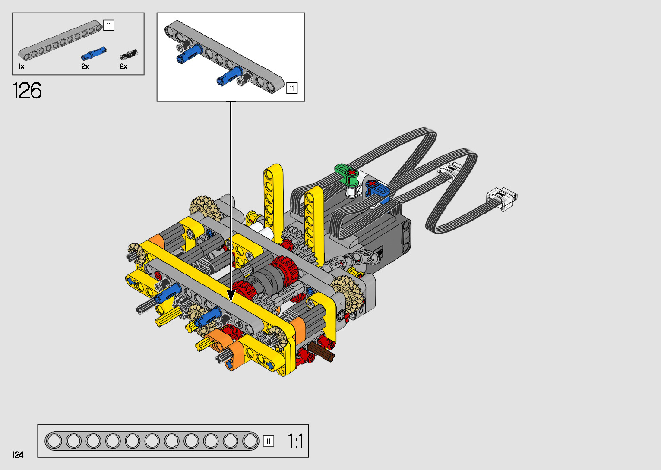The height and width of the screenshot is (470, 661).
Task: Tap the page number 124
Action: click(18, 454)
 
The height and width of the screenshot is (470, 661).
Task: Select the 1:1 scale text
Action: click(295, 442)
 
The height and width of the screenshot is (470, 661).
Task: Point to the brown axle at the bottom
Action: click(321, 351)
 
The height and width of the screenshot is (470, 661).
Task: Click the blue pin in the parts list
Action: click(94, 54)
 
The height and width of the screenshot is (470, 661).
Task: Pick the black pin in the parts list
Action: click(129, 54)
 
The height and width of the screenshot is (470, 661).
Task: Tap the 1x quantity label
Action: click(21, 66)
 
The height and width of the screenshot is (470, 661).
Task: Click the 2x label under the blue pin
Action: click(85, 66)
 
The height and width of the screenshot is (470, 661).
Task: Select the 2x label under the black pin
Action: click(123, 66)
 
